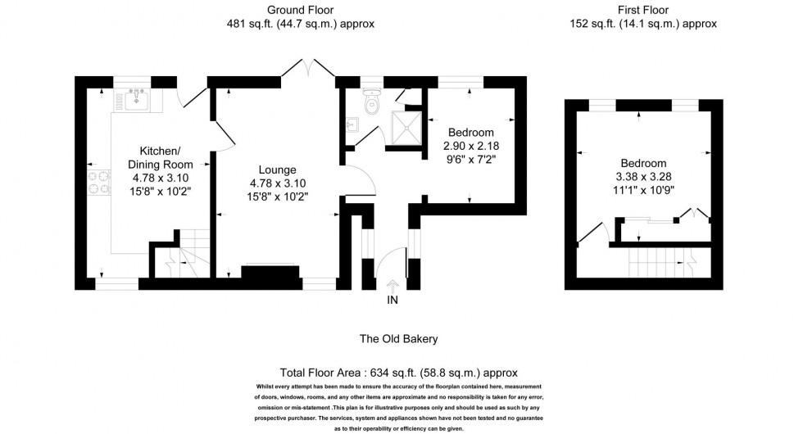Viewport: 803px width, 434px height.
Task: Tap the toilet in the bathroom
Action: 371,100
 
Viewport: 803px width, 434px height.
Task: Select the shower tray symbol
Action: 406,128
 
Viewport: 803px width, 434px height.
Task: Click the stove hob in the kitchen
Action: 99,183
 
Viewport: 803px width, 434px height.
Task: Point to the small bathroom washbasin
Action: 352,124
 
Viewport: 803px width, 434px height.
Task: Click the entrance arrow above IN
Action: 392,286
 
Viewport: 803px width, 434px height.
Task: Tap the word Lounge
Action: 277,170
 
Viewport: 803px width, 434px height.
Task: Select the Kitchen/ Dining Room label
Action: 161,157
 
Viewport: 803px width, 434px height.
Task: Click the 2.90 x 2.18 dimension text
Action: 471,146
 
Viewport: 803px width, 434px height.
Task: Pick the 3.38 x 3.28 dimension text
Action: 644,177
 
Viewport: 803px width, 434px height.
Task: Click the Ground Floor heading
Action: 300,10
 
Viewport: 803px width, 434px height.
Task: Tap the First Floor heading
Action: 643,10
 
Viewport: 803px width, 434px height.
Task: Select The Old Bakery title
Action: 398,339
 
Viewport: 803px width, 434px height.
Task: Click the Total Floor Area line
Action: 398,373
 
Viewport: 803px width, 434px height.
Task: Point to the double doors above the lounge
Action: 308,67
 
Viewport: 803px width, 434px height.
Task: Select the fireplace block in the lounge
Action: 270,272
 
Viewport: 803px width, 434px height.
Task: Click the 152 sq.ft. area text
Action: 592,24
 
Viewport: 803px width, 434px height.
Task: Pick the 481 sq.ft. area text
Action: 249,24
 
